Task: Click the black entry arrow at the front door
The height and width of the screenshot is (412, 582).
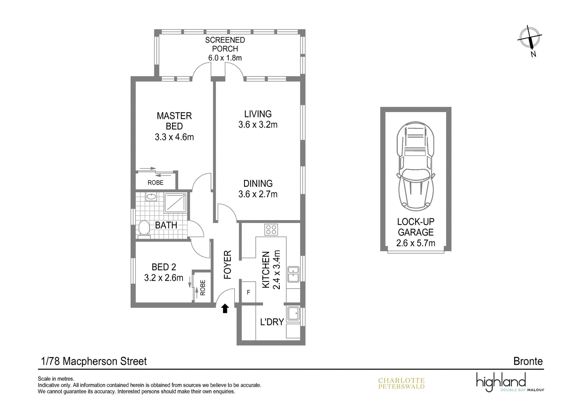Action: [225, 308]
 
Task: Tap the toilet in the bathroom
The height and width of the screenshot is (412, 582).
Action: [144, 229]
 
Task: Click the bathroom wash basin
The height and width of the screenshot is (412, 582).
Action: [151, 197]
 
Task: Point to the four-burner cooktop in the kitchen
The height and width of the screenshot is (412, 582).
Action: [271, 230]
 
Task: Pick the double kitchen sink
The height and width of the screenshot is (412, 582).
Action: [293, 274]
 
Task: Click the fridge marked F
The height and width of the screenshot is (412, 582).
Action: [248, 292]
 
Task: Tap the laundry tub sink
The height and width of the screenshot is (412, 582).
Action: [293, 313]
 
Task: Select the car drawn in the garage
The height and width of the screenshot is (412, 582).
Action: [415, 166]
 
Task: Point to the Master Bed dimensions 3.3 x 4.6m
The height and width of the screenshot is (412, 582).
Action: [174, 137]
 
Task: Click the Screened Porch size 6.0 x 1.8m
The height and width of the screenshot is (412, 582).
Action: [225, 58]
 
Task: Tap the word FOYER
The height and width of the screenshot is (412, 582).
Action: [227, 265]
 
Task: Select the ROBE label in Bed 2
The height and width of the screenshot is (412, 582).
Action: [202, 288]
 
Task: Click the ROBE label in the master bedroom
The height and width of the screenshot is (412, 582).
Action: [155, 183]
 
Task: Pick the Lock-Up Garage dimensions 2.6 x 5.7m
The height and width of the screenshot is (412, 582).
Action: [415, 243]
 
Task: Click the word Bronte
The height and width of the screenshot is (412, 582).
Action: [528, 361]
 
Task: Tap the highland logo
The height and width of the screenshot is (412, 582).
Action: [510, 382]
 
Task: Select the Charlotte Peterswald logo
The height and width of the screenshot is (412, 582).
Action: [401, 383]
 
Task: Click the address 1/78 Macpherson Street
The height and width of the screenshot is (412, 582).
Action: [94, 361]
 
